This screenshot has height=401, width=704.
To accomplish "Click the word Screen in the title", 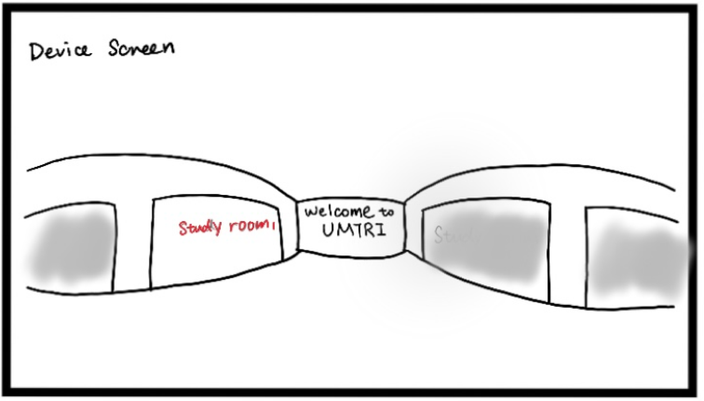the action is pos(141,49).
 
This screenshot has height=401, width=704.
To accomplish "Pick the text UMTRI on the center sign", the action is pos(354,231).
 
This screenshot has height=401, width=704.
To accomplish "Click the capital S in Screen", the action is pos(114,49).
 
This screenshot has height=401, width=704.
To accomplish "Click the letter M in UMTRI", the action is pos(343,231).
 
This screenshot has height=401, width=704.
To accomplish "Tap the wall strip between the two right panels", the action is pos(568,252).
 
